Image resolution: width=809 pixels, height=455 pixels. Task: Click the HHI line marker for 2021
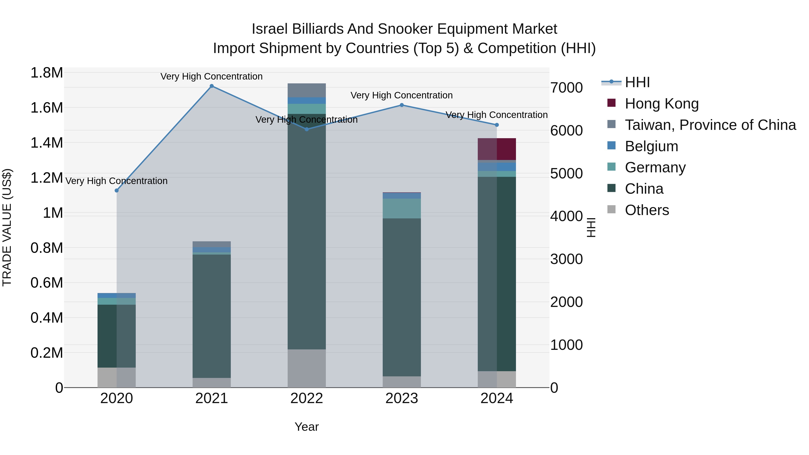212,86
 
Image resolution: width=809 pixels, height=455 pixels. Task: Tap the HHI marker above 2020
116,191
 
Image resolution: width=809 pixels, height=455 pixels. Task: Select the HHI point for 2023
402,105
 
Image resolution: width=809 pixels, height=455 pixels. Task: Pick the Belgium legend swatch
611,146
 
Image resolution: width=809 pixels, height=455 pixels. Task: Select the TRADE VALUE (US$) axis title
7,228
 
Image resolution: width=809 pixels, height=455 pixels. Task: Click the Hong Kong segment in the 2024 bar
496,149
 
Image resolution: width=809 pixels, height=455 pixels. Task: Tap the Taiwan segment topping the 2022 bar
307,90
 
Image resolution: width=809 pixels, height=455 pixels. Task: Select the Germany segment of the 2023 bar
402,209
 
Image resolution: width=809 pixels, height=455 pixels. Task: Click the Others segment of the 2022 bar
307,368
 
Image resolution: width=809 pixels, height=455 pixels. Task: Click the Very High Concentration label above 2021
211,77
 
